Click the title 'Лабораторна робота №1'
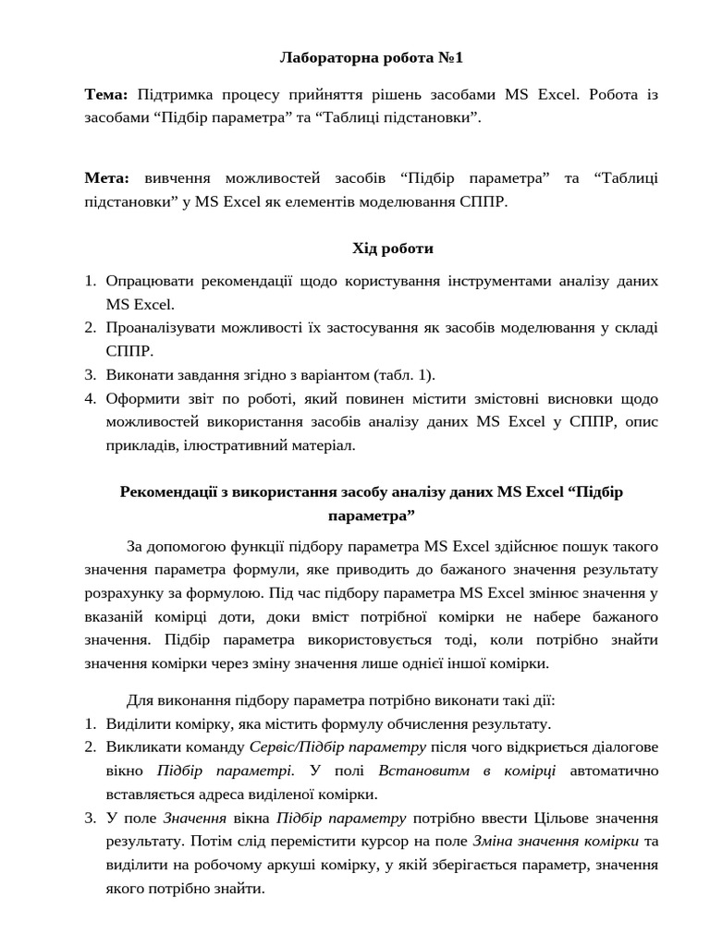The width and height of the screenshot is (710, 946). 371,58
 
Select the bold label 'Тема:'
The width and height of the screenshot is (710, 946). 107,94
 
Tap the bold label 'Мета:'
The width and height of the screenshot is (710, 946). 108,177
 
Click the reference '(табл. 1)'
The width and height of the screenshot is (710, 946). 403,374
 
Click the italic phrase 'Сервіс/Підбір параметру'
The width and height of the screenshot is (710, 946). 337,746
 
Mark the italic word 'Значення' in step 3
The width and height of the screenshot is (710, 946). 195,818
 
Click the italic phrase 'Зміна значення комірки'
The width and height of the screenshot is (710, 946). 555,842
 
